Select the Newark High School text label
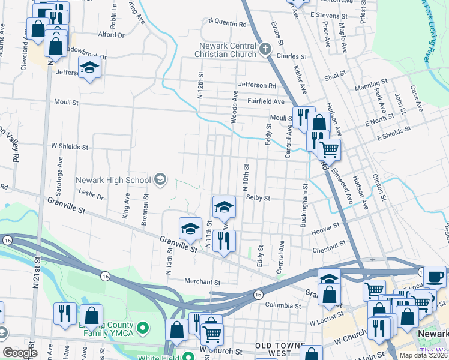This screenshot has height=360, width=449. pyautogui.click(x=113, y=180)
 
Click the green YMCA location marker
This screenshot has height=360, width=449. pyautogui.click(x=143, y=328)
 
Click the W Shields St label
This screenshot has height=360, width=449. pyautogui.click(x=70, y=146)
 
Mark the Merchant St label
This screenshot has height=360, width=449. pyautogui.click(x=202, y=282)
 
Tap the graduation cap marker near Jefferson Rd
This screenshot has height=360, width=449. pyautogui.click(x=89, y=68)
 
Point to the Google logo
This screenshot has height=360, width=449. pyautogui.click(x=20, y=353)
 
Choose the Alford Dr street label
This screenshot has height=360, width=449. pyautogui.click(x=111, y=35)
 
